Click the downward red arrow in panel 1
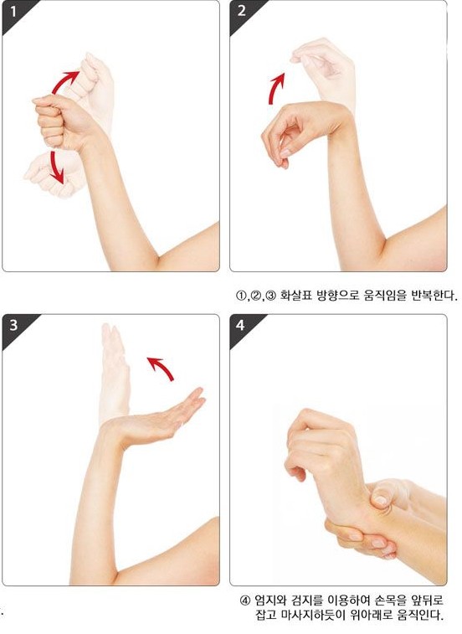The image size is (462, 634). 56,168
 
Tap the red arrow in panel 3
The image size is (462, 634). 162,367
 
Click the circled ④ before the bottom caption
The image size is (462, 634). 245,600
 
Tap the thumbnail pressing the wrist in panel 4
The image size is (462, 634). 380,500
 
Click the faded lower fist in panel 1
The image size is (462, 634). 50,174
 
